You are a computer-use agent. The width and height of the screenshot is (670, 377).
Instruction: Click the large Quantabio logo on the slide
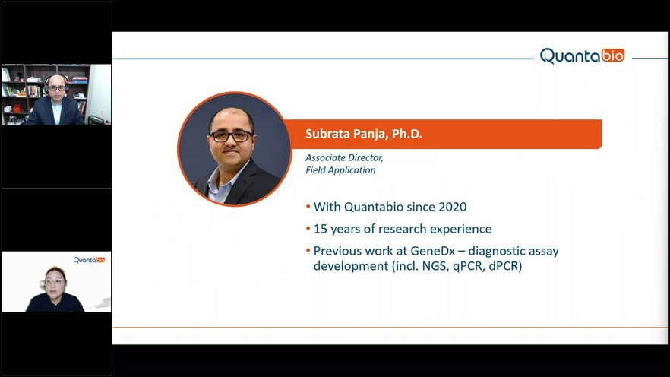582,56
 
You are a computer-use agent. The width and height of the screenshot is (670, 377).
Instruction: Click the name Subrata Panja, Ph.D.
364,134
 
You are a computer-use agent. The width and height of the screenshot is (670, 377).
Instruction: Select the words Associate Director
344,157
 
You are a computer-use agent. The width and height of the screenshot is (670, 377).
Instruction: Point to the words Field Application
340,169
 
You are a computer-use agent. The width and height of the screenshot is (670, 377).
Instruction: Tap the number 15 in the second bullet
321,229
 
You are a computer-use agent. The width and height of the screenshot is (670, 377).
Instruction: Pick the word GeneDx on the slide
433,251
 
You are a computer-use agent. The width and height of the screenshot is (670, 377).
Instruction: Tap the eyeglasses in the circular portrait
231,136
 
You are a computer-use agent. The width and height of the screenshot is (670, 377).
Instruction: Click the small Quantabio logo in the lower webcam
89,260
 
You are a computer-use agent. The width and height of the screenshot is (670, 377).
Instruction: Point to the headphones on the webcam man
56,83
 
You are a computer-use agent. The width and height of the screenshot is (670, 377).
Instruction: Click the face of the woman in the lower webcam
54,282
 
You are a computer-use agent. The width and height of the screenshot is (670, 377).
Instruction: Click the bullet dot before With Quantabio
308,207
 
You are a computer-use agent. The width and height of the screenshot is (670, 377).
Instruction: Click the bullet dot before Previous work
308,251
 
